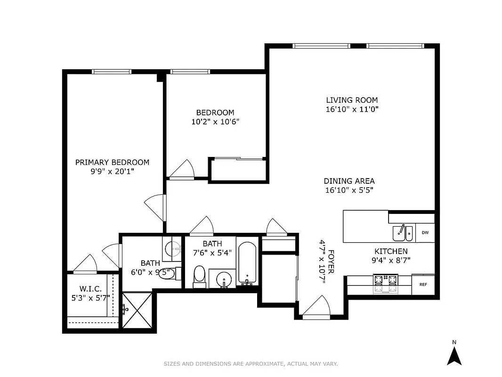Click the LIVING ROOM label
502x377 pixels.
click(352, 100)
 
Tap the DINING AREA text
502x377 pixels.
click(349, 181)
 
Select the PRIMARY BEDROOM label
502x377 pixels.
click(112, 162)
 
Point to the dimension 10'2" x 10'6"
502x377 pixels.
click(215, 122)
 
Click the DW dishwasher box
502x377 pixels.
click(425, 233)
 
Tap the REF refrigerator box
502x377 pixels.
click(423, 285)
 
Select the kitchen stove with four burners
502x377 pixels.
click(386, 284)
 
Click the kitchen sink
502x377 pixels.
click(403, 233)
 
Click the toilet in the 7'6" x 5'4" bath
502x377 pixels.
click(200, 276)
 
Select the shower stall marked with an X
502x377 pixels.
click(137, 310)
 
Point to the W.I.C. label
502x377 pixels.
click(90, 289)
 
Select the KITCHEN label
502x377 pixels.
click(391, 251)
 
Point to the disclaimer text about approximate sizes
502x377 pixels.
click(251, 364)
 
